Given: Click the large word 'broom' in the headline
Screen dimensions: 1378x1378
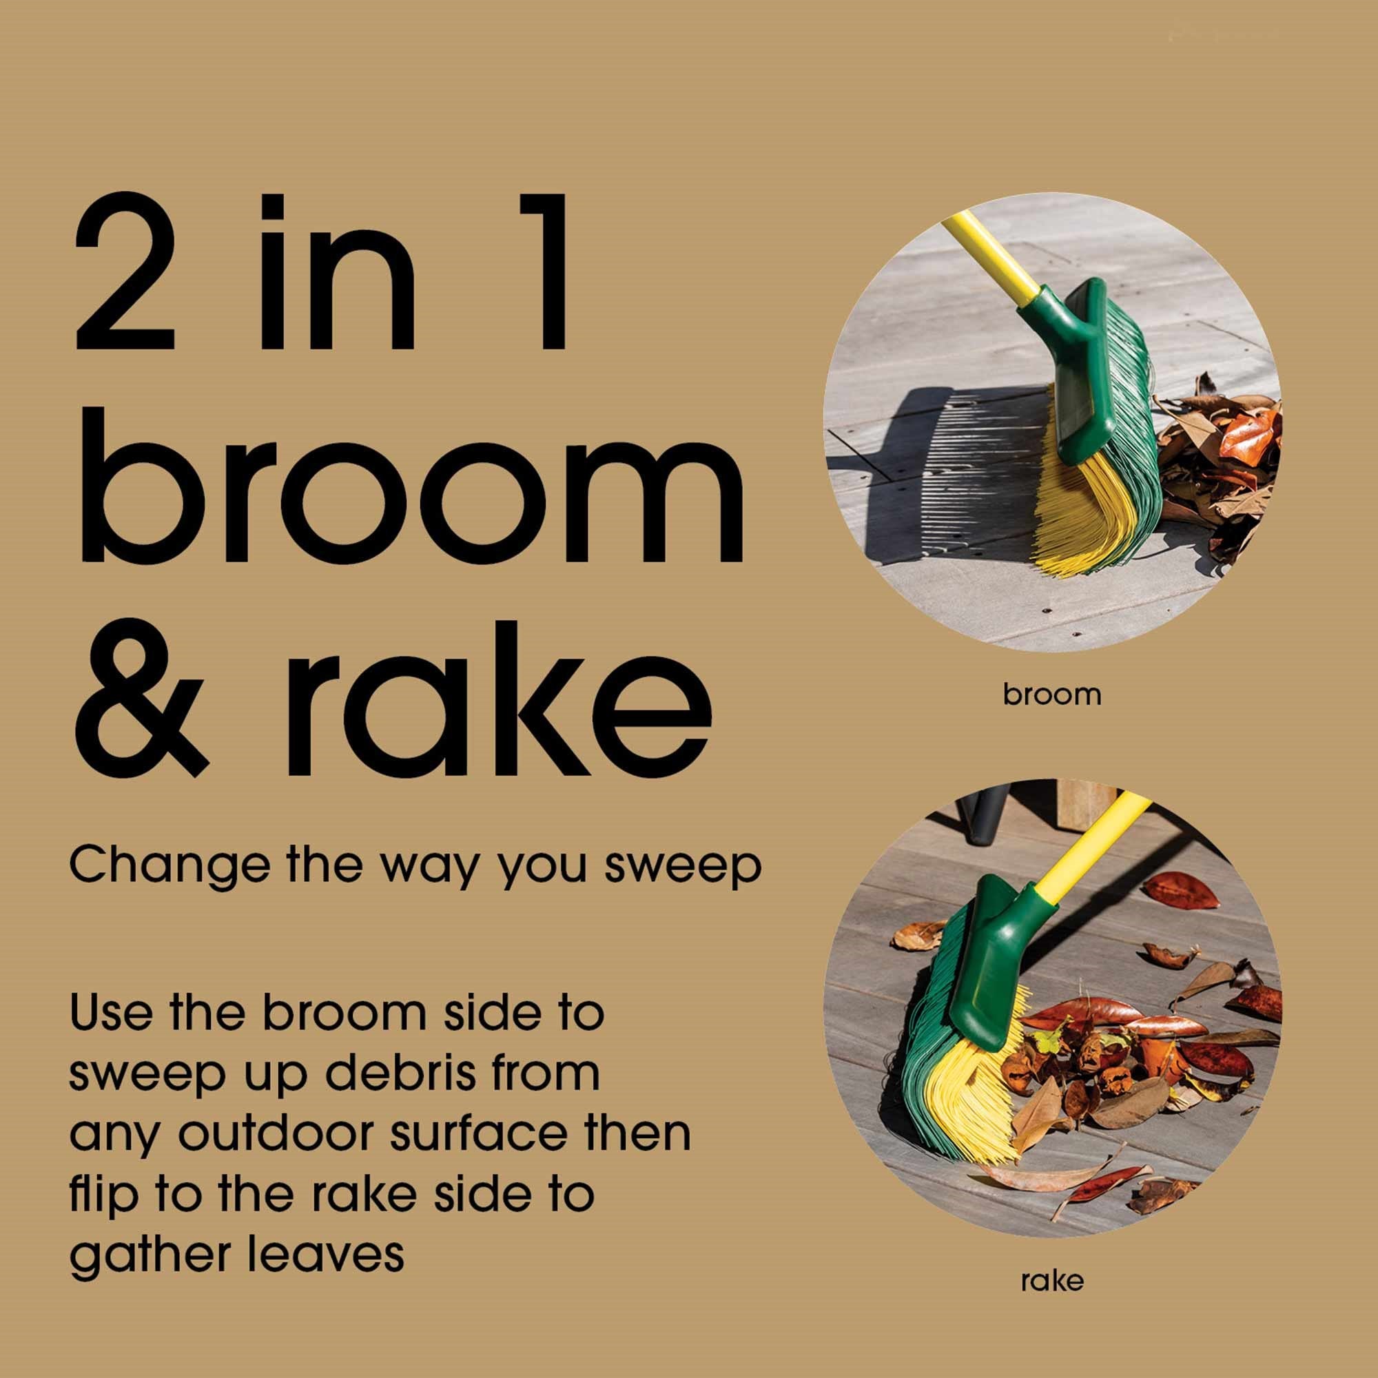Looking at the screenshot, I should pyautogui.click(x=409, y=486).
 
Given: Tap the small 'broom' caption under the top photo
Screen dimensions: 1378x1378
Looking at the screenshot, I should pyautogui.click(x=1052, y=695).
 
